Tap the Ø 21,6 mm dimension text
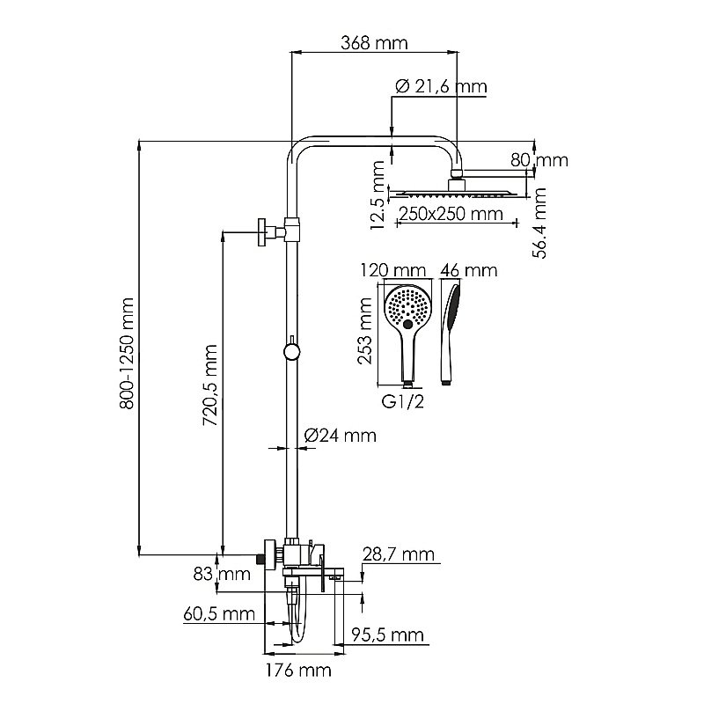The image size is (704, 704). (x=441, y=86)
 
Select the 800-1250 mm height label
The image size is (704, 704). (x=128, y=348)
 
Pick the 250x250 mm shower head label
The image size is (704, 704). (x=444, y=214)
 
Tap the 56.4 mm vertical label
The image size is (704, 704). (x=541, y=222)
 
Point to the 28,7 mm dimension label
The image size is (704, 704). (x=399, y=554)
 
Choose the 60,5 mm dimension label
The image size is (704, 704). (x=219, y=614)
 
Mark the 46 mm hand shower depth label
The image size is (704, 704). (x=467, y=269)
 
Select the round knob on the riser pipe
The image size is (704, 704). (x=290, y=352)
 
